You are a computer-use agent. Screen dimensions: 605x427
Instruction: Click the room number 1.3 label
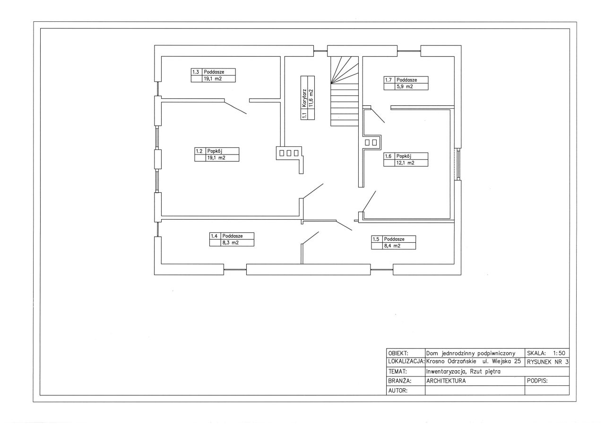point(196,72)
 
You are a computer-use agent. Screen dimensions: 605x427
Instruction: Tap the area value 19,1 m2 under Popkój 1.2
point(216,158)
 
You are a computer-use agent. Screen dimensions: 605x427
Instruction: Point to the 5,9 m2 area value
point(405,86)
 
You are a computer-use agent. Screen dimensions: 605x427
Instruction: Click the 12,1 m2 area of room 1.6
point(406,163)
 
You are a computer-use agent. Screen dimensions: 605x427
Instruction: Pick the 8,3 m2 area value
point(230,243)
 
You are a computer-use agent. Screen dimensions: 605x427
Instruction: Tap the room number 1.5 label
point(376,239)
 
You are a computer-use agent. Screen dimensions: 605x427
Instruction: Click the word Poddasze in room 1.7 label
point(406,80)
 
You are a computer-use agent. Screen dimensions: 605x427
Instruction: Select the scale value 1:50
point(559,353)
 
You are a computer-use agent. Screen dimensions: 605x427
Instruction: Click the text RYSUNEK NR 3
point(548,362)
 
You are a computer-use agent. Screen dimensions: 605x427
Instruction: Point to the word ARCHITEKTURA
point(446,381)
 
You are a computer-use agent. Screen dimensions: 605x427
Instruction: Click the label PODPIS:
point(537,381)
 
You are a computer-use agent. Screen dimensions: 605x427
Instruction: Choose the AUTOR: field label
point(398,390)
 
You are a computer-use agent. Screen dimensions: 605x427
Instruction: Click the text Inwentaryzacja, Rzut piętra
point(463,372)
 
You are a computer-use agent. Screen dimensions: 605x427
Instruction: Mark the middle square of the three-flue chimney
point(289,154)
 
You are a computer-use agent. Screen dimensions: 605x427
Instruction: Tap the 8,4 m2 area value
point(392,246)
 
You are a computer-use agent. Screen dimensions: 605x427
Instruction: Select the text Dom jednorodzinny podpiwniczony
point(470,353)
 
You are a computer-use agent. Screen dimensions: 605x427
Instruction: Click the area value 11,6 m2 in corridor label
point(311,98)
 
